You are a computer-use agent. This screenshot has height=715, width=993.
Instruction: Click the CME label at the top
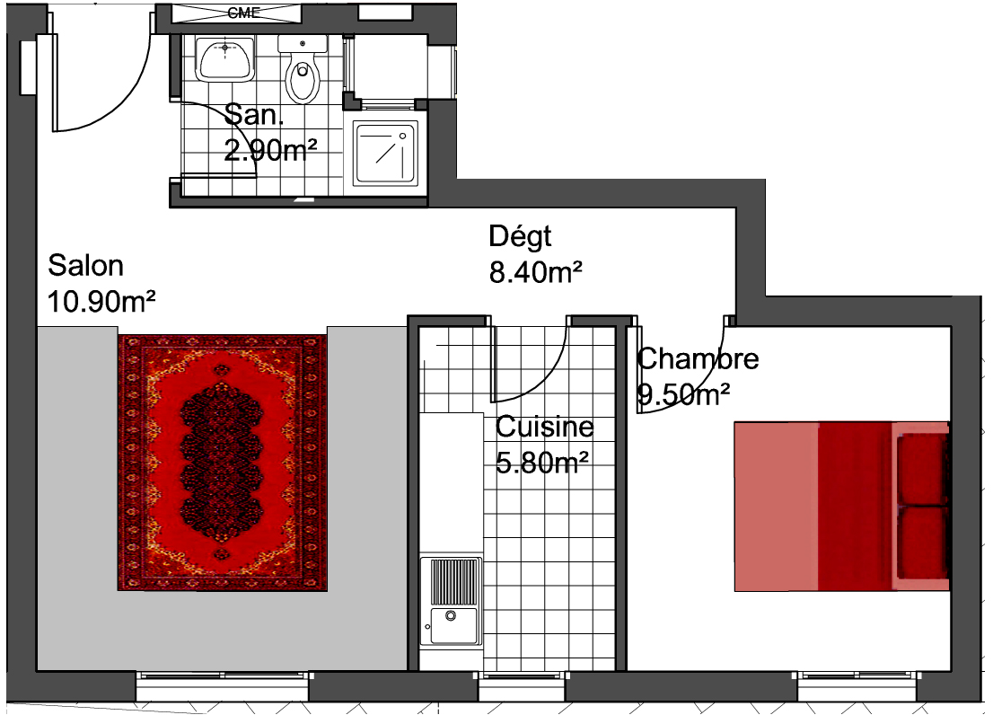(x=244, y=13)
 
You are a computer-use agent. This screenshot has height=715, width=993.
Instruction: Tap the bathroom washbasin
(x=224, y=59)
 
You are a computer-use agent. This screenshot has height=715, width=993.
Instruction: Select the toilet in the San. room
(x=303, y=70)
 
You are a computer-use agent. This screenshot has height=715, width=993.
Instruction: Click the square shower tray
(x=386, y=154)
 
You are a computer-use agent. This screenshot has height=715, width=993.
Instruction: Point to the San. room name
(x=254, y=115)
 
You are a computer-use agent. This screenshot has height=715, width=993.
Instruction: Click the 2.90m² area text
(x=270, y=150)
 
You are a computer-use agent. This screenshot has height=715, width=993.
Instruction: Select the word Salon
(x=85, y=265)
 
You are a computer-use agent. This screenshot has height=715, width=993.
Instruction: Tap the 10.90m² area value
(x=101, y=302)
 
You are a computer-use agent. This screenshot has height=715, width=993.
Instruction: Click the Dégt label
(x=520, y=237)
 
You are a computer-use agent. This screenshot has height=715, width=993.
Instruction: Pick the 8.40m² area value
(x=536, y=272)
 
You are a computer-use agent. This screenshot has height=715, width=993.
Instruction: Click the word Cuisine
(x=545, y=427)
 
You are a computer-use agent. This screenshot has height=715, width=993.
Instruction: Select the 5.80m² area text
(x=542, y=463)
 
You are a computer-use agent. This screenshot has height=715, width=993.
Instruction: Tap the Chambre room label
(x=698, y=359)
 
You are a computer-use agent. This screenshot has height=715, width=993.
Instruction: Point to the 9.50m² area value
(x=683, y=394)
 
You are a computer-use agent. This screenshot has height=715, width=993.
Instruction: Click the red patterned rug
(x=223, y=463)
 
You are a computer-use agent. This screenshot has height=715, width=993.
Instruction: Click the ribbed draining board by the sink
(x=454, y=581)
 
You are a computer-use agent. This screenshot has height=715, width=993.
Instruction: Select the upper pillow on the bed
(x=923, y=469)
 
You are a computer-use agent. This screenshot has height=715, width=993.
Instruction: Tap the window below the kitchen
(x=522, y=686)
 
